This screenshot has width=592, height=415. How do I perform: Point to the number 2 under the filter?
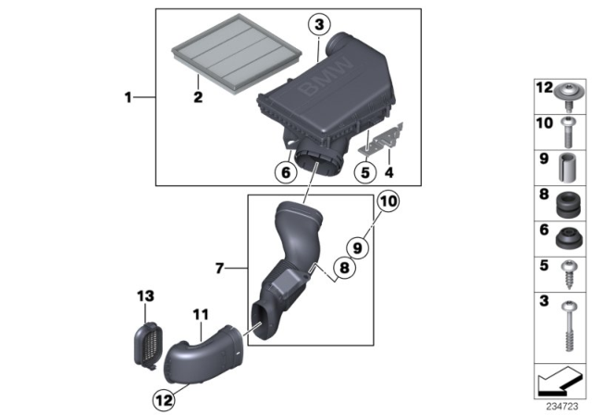[x=197, y=95]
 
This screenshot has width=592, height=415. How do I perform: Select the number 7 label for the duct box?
[x=220, y=268]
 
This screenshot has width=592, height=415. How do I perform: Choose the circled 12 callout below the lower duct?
[x=164, y=400]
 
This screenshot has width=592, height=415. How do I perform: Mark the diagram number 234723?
[x=558, y=405]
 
